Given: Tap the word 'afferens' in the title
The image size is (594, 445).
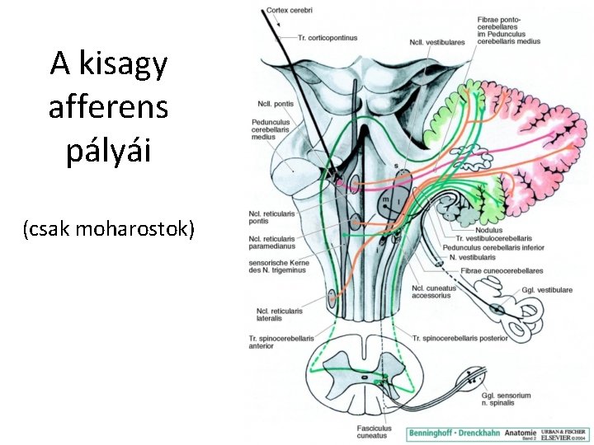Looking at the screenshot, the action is point(108,107).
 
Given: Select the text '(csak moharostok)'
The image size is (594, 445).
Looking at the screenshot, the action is point(109,228).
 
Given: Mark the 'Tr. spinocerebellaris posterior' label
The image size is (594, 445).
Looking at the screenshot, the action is point(460,337).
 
